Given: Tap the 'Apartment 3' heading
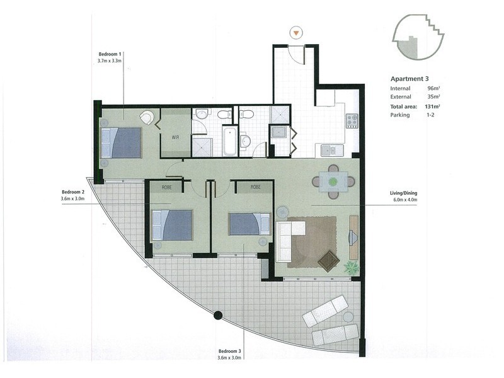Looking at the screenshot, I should pyautogui.click(x=410, y=79).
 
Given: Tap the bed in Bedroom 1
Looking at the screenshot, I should pyautogui.click(x=123, y=142).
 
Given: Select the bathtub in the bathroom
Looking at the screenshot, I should pyautogui.click(x=231, y=141).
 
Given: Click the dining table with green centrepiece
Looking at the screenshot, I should pyautogui.click(x=333, y=181).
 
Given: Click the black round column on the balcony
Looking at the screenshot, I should pyautogui.click(x=217, y=315).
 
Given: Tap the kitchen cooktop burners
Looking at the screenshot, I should pyautogui.click(x=352, y=120).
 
